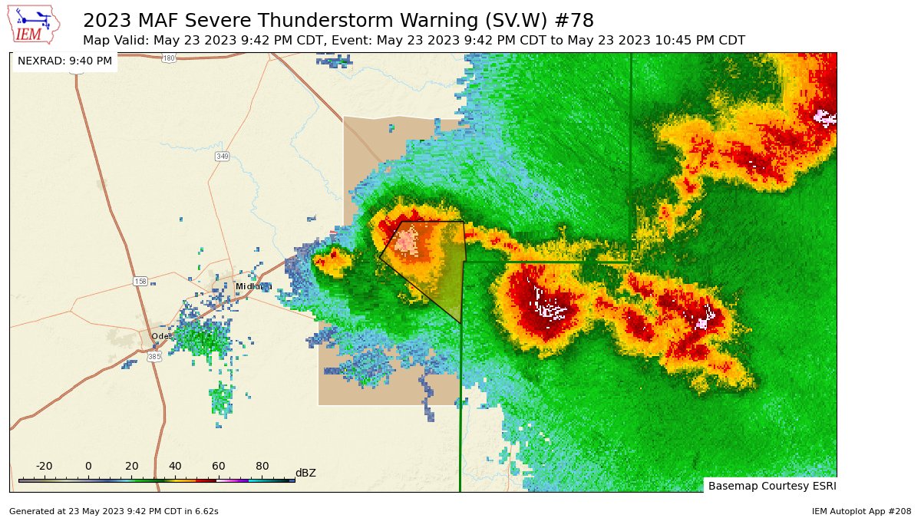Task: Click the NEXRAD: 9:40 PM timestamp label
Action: coord(64,61)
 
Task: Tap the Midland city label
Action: coord(253,286)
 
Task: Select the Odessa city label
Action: coord(160,336)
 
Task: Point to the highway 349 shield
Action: coord(222,157)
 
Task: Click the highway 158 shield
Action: coord(140,282)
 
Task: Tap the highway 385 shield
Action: coord(154,357)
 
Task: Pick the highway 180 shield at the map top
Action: coord(169,58)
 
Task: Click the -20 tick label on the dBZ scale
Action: coord(44,466)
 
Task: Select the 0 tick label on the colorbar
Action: coord(88,466)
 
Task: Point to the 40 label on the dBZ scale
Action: coord(175,466)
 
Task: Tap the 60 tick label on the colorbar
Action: coord(219,466)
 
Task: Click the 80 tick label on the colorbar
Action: coord(262,466)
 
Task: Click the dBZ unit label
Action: coord(305,473)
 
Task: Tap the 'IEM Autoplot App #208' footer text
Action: coord(860,511)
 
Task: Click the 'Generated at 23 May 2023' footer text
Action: coord(114,511)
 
